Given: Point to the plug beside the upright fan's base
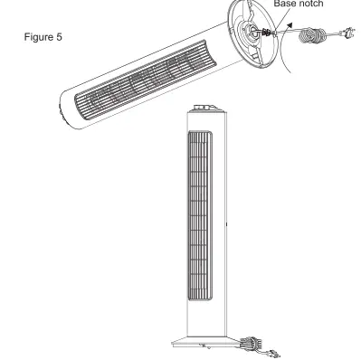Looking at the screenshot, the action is [276, 345].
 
